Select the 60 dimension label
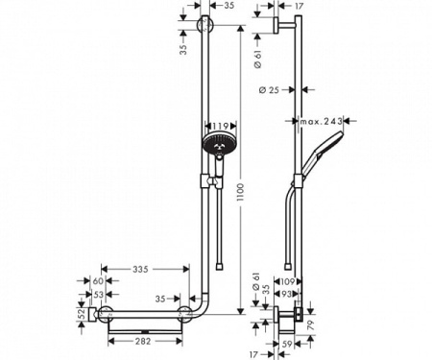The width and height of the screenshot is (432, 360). [97, 281]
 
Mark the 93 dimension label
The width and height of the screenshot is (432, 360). [286, 294]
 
